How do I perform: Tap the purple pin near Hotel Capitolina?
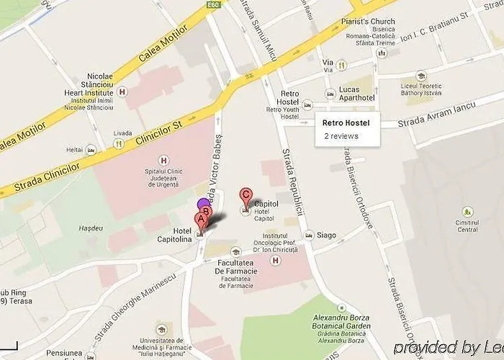point(203,204)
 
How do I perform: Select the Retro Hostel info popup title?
point(346,122)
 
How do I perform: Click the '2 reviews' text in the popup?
point(341,135)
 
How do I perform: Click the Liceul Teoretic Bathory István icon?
point(421,76)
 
